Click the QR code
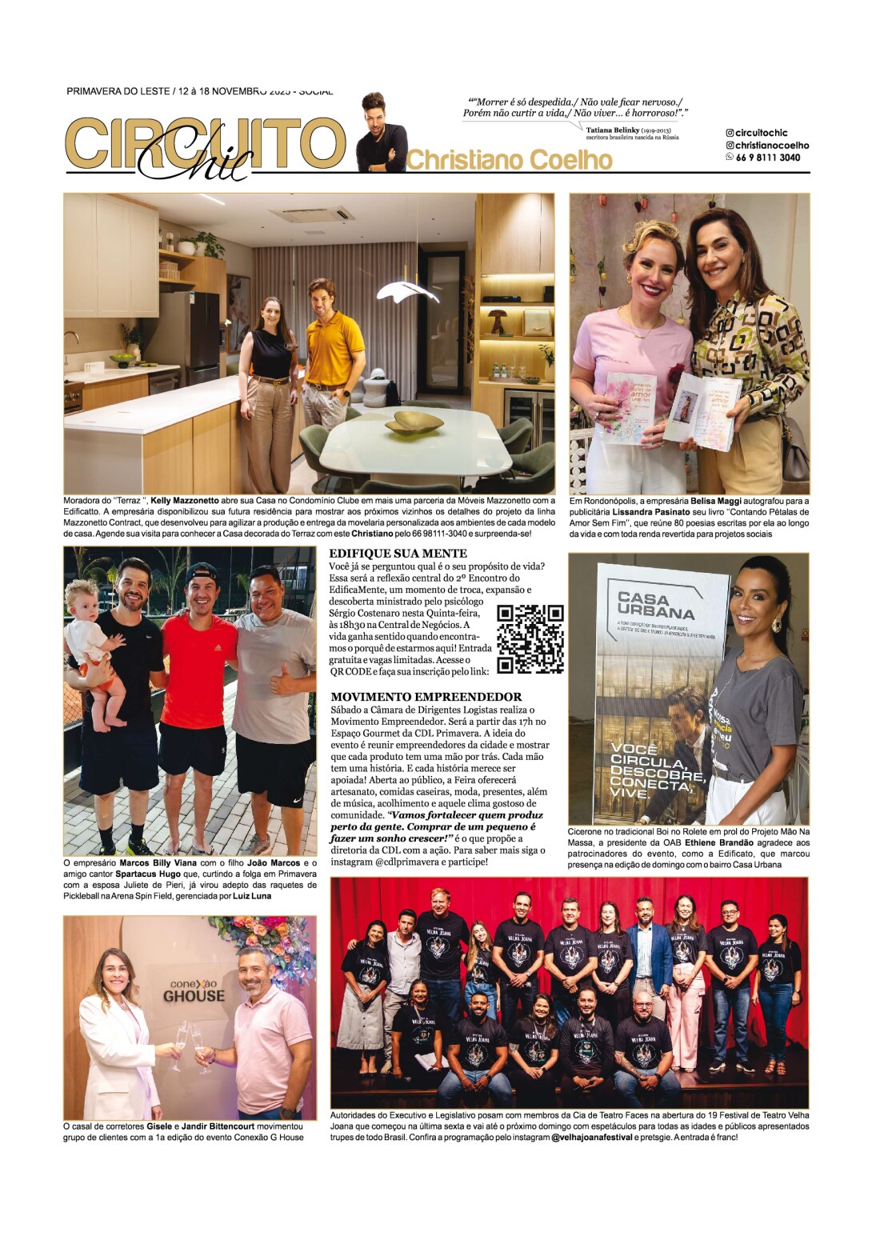pos(530,638)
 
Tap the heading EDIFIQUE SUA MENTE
pos(398,553)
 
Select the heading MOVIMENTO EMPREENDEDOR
pos(426,697)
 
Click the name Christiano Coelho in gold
pos(510,160)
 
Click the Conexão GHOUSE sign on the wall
pos(194,991)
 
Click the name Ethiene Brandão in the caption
pos(719,842)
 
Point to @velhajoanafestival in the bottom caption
pos(592,1137)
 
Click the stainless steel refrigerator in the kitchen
pos(191,336)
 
